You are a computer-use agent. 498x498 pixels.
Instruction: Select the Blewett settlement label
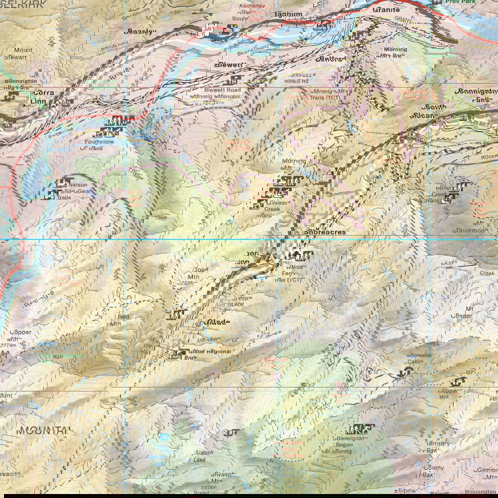point(229,65)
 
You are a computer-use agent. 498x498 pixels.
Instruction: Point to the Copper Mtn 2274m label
point(19,336)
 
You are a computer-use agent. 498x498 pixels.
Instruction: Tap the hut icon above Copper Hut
point(458,382)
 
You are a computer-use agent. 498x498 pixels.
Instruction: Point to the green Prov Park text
point(461,2)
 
